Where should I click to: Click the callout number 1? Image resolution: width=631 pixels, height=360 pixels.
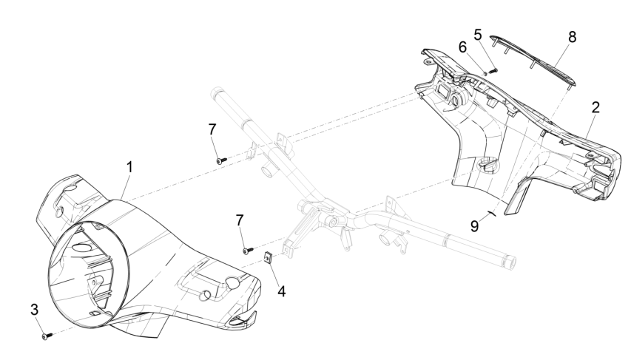[129, 168]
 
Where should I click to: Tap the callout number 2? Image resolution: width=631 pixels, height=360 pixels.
[595, 106]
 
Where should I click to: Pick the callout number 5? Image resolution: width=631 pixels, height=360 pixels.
[477, 34]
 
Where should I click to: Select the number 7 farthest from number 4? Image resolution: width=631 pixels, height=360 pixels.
[212, 129]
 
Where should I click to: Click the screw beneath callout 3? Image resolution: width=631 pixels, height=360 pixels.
[47, 336]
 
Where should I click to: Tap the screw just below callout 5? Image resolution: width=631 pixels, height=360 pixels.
[495, 69]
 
